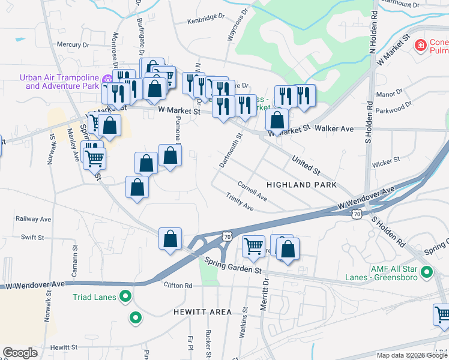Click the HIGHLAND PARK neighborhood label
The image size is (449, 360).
tap(301, 185)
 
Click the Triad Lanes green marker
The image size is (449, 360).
tap(125, 296)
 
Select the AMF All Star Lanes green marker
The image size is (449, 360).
tap(427, 272)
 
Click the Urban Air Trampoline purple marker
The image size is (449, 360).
tap(107, 79)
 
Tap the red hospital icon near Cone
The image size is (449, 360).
tap(421, 45)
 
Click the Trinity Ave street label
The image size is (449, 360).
tap(240, 202)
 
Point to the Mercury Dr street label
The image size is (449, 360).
tap(73, 44)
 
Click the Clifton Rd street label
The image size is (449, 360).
tap(180, 286)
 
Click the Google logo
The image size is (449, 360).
tap(20, 353)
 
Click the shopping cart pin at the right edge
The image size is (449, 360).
tap(442, 314)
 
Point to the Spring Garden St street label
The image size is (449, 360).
tap(234, 266)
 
